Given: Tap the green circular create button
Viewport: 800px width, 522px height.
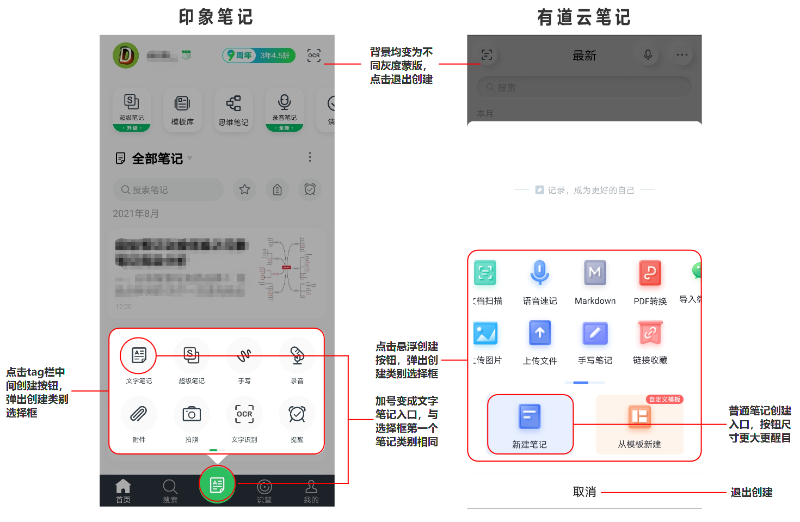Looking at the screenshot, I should point(217,484).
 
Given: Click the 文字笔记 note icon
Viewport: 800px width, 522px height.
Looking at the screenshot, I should point(139,355).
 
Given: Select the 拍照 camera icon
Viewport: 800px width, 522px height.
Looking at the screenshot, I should point(192,414).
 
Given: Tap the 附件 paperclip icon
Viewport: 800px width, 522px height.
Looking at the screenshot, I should point(139,414).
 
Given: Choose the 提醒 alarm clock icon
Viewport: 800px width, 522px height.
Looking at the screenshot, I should point(297,414).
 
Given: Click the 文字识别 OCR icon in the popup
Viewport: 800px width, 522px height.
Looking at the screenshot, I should point(244,414).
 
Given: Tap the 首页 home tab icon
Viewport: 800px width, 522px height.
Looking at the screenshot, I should point(123,486).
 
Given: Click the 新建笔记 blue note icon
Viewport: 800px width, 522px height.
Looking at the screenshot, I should point(530,417).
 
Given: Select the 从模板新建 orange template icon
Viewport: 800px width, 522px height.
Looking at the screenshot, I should point(639,417).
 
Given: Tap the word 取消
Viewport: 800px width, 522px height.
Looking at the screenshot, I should point(584,492).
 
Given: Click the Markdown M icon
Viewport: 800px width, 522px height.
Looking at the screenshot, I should point(595,273).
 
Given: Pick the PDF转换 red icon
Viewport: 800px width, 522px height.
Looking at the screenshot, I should point(650,273).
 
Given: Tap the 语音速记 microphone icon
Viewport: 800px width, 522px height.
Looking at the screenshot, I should point(540,273).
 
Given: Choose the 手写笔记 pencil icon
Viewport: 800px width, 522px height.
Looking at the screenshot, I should point(595,333).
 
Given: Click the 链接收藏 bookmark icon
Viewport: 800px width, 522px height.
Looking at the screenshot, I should point(650,333).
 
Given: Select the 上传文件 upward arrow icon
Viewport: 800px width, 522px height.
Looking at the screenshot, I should point(540,333).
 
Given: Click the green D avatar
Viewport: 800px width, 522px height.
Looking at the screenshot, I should point(126,56).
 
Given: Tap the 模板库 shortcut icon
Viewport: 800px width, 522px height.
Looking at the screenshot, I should point(182,104).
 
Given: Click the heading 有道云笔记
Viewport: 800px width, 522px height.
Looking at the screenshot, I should point(584,17).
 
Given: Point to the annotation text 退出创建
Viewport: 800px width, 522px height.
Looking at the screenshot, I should point(752,493).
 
